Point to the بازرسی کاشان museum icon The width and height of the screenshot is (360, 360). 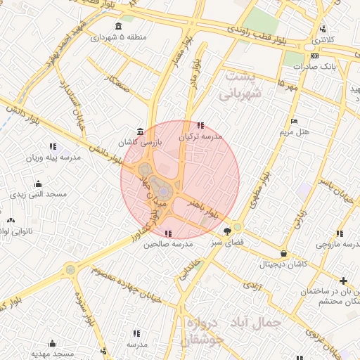tap(141, 131)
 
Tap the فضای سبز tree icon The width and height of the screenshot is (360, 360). tap(227, 231)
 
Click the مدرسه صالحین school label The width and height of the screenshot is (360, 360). tap(168, 245)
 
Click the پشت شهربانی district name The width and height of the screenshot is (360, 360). tap(239, 84)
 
